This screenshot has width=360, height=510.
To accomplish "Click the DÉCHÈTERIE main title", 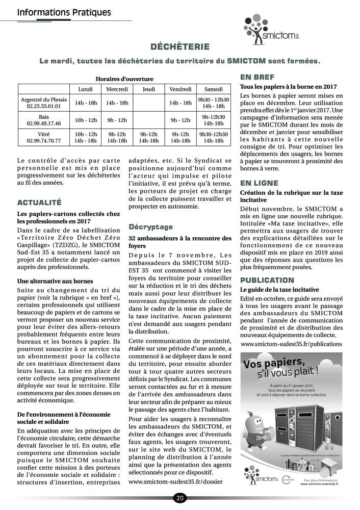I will click(x=180, y=47).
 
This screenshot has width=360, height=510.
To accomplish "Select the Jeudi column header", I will click(x=148, y=89).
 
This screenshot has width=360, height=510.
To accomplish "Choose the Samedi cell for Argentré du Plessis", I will click(x=214, y=103).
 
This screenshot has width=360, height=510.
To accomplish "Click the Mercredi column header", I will click(x=117, y=89).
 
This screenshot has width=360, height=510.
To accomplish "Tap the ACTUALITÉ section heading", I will click(x=39, y=202).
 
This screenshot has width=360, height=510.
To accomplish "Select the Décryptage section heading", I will click(x=150, y=226).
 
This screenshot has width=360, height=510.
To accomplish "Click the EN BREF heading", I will click(x=257, y=78).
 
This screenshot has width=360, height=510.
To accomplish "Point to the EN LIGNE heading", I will click(x=259, y=183).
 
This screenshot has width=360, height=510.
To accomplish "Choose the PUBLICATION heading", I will click(x=267, y=280).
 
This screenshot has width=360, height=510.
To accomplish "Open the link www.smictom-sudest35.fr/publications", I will click(x=291, y=344).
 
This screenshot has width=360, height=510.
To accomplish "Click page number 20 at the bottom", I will click(x=180, y=498).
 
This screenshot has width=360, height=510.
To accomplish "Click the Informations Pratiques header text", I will click(x=64, y=11).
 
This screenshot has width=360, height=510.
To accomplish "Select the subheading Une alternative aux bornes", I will click(x=55, y=281).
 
